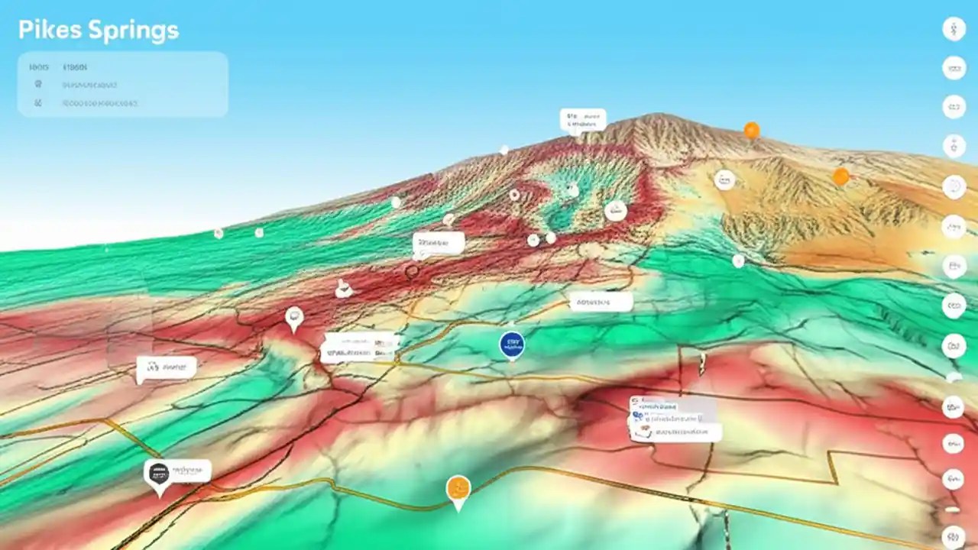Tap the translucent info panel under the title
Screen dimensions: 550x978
(122, 84)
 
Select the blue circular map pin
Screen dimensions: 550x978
(512, 345)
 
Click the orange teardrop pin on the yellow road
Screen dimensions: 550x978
(458, 488)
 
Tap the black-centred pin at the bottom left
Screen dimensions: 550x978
(158, 474)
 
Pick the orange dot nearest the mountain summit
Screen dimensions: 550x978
(752, 131)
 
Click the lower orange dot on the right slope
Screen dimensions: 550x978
(840, 177)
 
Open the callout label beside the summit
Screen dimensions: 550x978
(583, 120)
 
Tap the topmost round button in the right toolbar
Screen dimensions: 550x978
(954, 30)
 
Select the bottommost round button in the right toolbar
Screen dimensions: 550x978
(954, 537)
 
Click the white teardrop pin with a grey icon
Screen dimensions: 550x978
(294, 318)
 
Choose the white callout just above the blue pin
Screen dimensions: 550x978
(601, 302)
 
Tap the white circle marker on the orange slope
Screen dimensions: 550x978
(724, 180)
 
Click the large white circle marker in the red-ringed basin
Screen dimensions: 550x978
(615, 211)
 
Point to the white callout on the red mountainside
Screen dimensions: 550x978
(439, 244)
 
